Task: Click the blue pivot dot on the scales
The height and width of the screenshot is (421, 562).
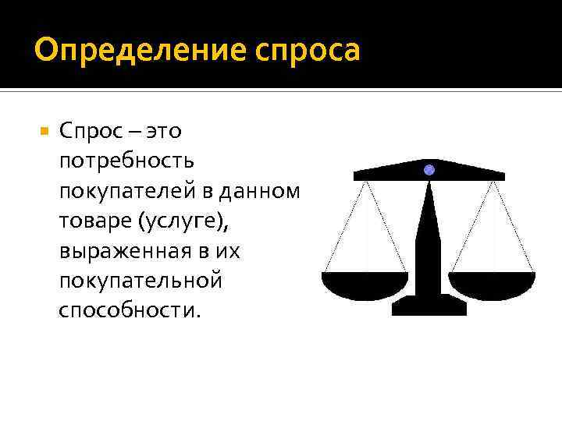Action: (x=429, y=169)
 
